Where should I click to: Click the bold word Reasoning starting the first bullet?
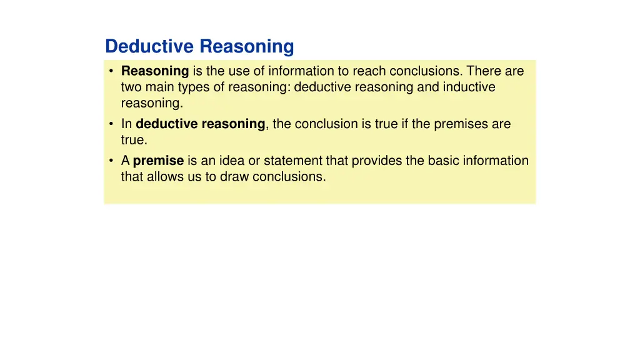click(x=155, y=71)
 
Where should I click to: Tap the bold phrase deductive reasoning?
click(x=201, y=124)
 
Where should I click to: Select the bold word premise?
click(x=158, y=161)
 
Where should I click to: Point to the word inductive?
click(x=469, y=87)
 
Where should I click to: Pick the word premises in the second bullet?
click(x=465, y=124)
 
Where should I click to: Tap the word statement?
click(x=292, y=161)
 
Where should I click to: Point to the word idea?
click(x=231, y=161)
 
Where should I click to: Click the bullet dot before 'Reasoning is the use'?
click(x=111, y=72)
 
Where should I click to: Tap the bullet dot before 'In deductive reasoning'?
click(x=111, y=124)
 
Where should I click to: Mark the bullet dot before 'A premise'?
click(x=111, y=161)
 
